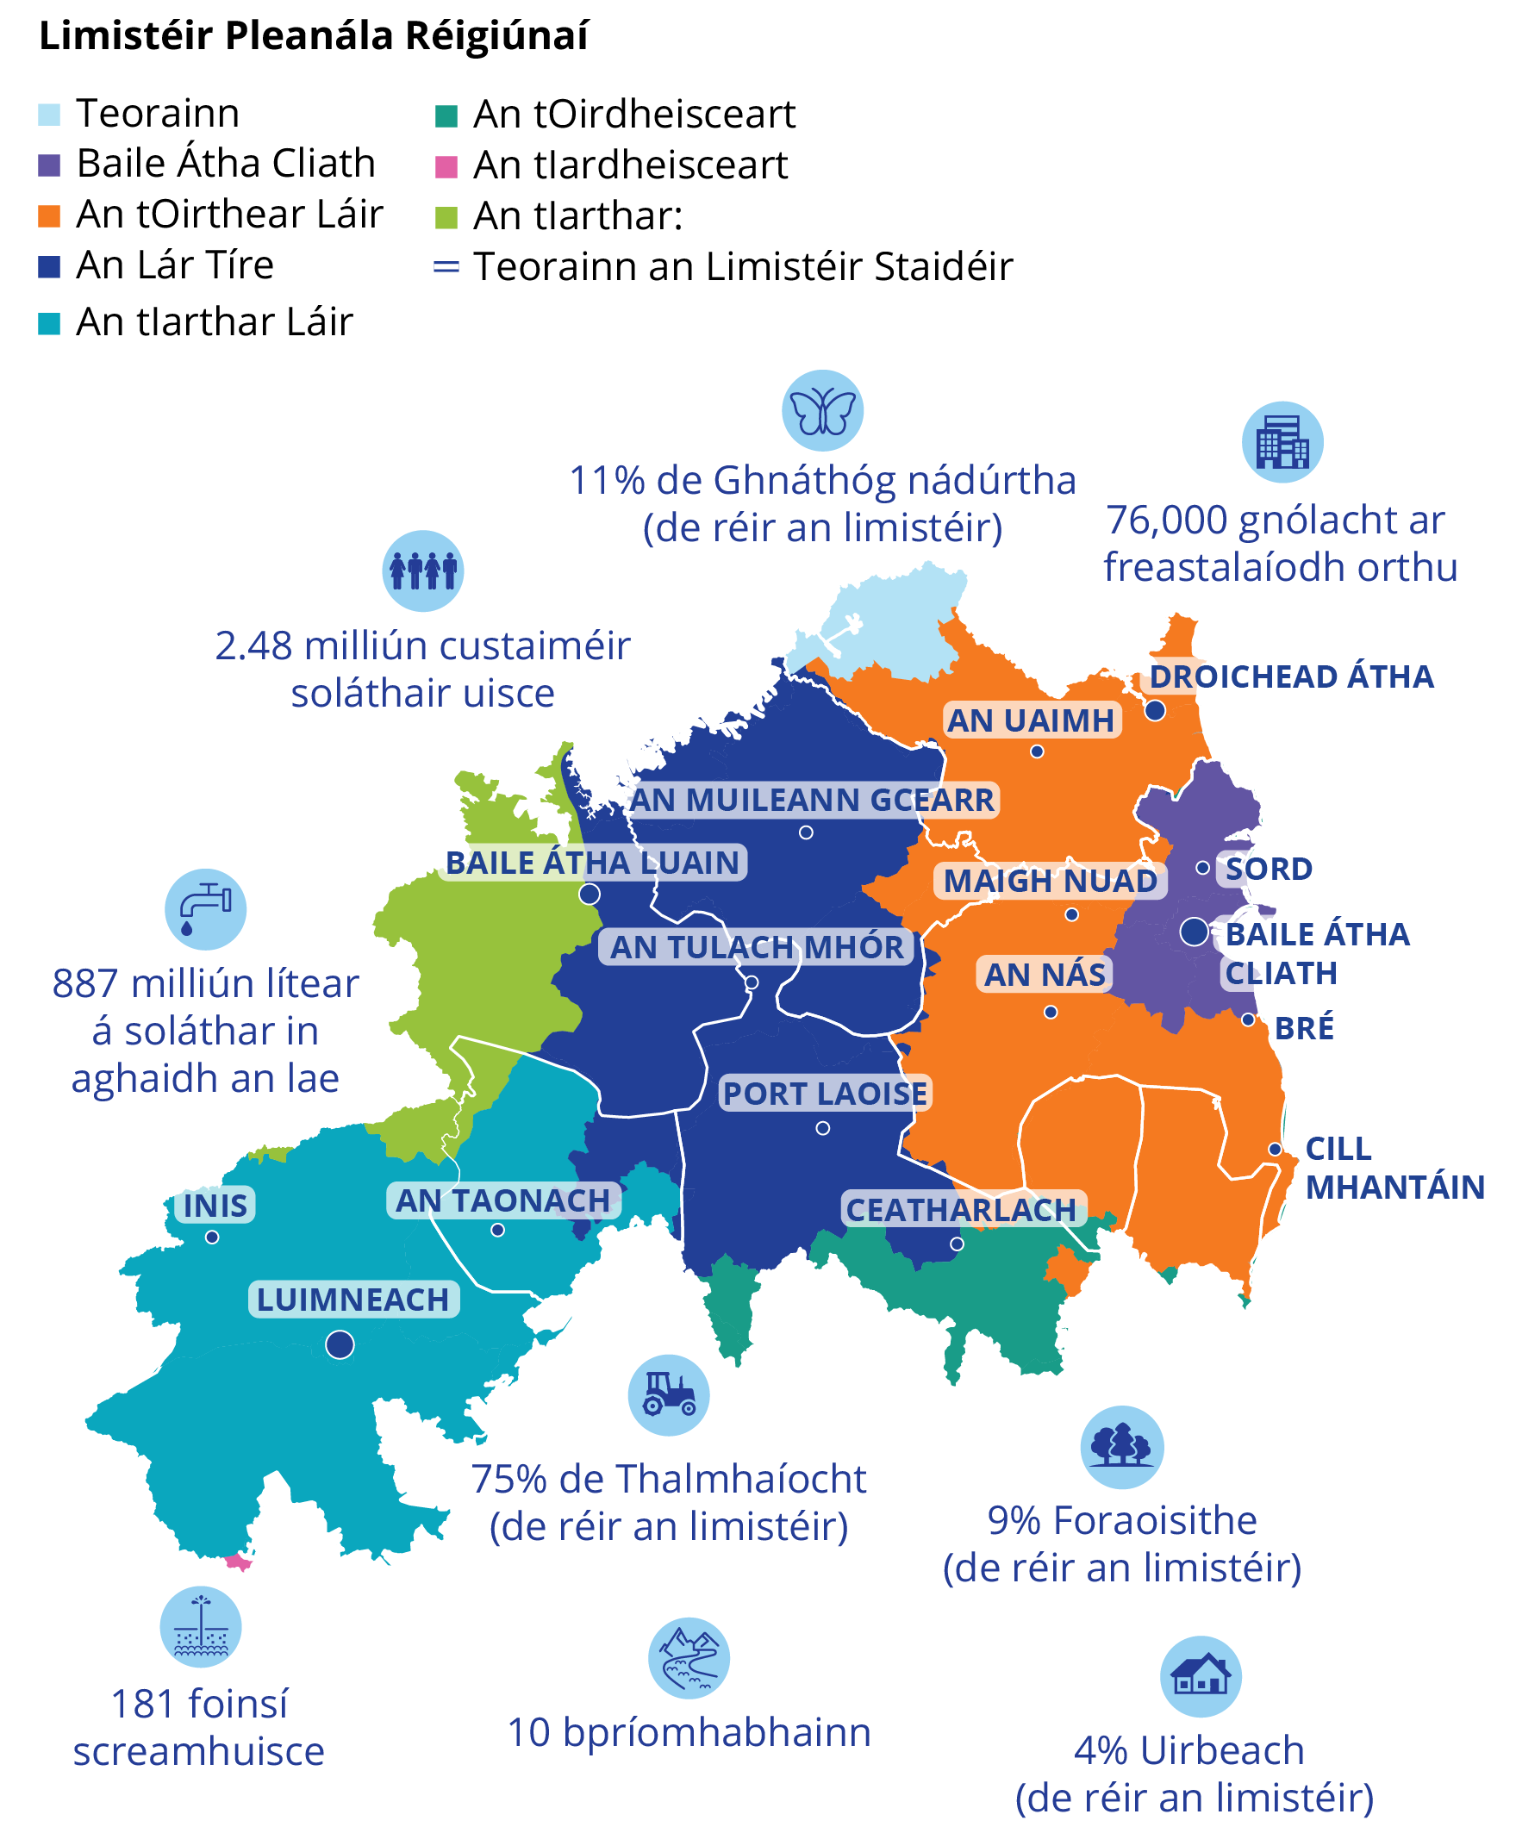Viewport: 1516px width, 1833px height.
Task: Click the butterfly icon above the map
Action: [821, 410]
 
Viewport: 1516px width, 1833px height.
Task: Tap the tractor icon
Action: [668, 1395]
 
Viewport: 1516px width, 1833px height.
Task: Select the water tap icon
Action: [205, 908]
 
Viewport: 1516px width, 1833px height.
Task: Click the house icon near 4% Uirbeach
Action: [1199, 1676]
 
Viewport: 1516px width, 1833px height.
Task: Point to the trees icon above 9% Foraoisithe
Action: [1120, 1446]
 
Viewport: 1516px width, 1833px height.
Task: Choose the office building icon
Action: [1282, 442]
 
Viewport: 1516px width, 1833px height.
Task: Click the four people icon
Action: [422, 570]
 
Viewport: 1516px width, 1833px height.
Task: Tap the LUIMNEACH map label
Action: [352, 1300]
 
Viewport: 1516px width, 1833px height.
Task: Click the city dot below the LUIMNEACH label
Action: [340, 1344]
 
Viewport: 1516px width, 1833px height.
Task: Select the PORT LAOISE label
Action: [824, 1093]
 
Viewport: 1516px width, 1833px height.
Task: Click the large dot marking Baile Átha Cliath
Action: [1193, 932]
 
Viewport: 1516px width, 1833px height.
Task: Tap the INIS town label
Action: [215, 1206]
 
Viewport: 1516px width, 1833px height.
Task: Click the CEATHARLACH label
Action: [961, 1210]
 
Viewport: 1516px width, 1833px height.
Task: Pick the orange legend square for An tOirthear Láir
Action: [49, 215]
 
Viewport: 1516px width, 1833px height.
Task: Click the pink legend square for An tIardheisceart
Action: [446, 165]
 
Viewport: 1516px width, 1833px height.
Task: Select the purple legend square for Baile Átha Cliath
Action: [49, 165]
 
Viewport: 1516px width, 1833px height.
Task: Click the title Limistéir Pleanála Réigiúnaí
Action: [314, 36]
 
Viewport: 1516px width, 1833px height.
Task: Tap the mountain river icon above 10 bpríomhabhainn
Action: [688, 1657]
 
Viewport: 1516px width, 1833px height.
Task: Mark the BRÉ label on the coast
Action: [1303, 1028]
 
